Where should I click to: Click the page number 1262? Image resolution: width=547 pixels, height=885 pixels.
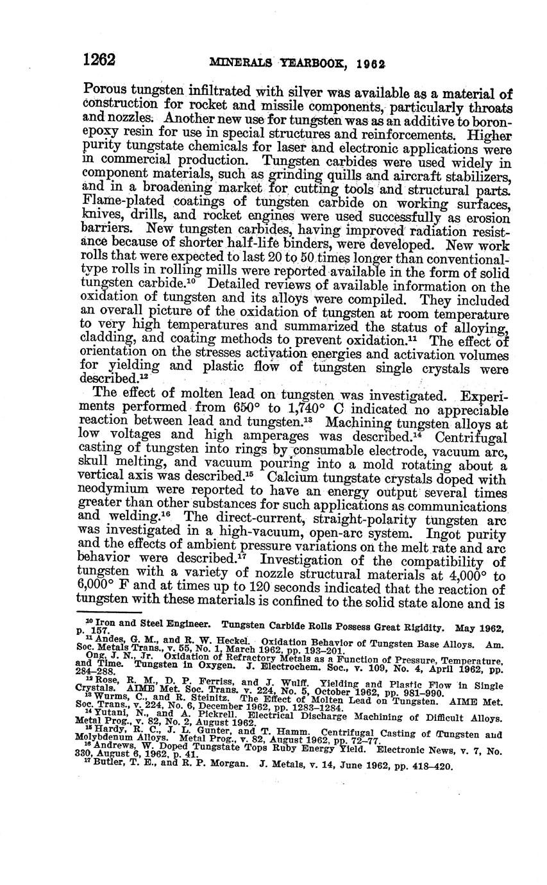(99, 61)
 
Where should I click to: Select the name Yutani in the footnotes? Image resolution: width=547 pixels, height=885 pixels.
(112, 716)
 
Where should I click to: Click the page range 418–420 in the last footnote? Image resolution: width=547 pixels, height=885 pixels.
(433, 766)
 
